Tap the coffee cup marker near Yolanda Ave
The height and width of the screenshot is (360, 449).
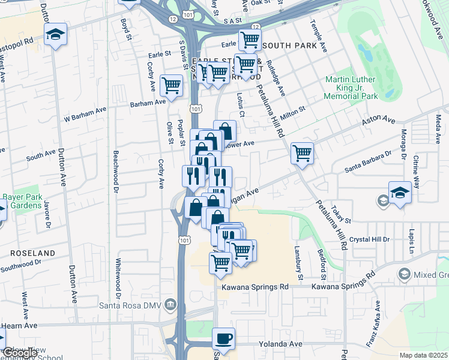coord(223,339)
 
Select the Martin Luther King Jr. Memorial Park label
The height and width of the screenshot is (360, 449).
coord(351,88)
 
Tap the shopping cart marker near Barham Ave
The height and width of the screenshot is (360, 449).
coord(172,85)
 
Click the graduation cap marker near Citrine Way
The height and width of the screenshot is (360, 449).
coord(400,193)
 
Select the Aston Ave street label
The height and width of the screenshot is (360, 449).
coord(378,121)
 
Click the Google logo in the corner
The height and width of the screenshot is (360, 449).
coord(20,353)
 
